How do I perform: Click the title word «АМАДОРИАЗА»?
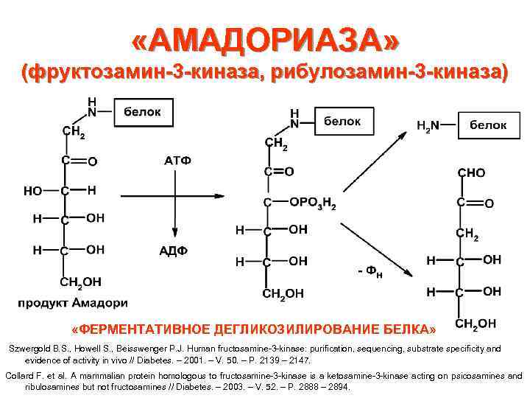click(265, 40)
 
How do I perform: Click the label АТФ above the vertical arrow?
click(177, 161)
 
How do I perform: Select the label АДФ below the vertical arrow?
click(174, 251)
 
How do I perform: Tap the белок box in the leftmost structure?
click(143, 113)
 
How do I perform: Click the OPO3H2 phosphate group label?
click(313, 203)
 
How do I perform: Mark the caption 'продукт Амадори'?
click(73, 302)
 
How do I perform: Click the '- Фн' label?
click(370, 273)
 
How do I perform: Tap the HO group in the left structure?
click(32, 191)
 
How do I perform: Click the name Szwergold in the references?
click(28, 349)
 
